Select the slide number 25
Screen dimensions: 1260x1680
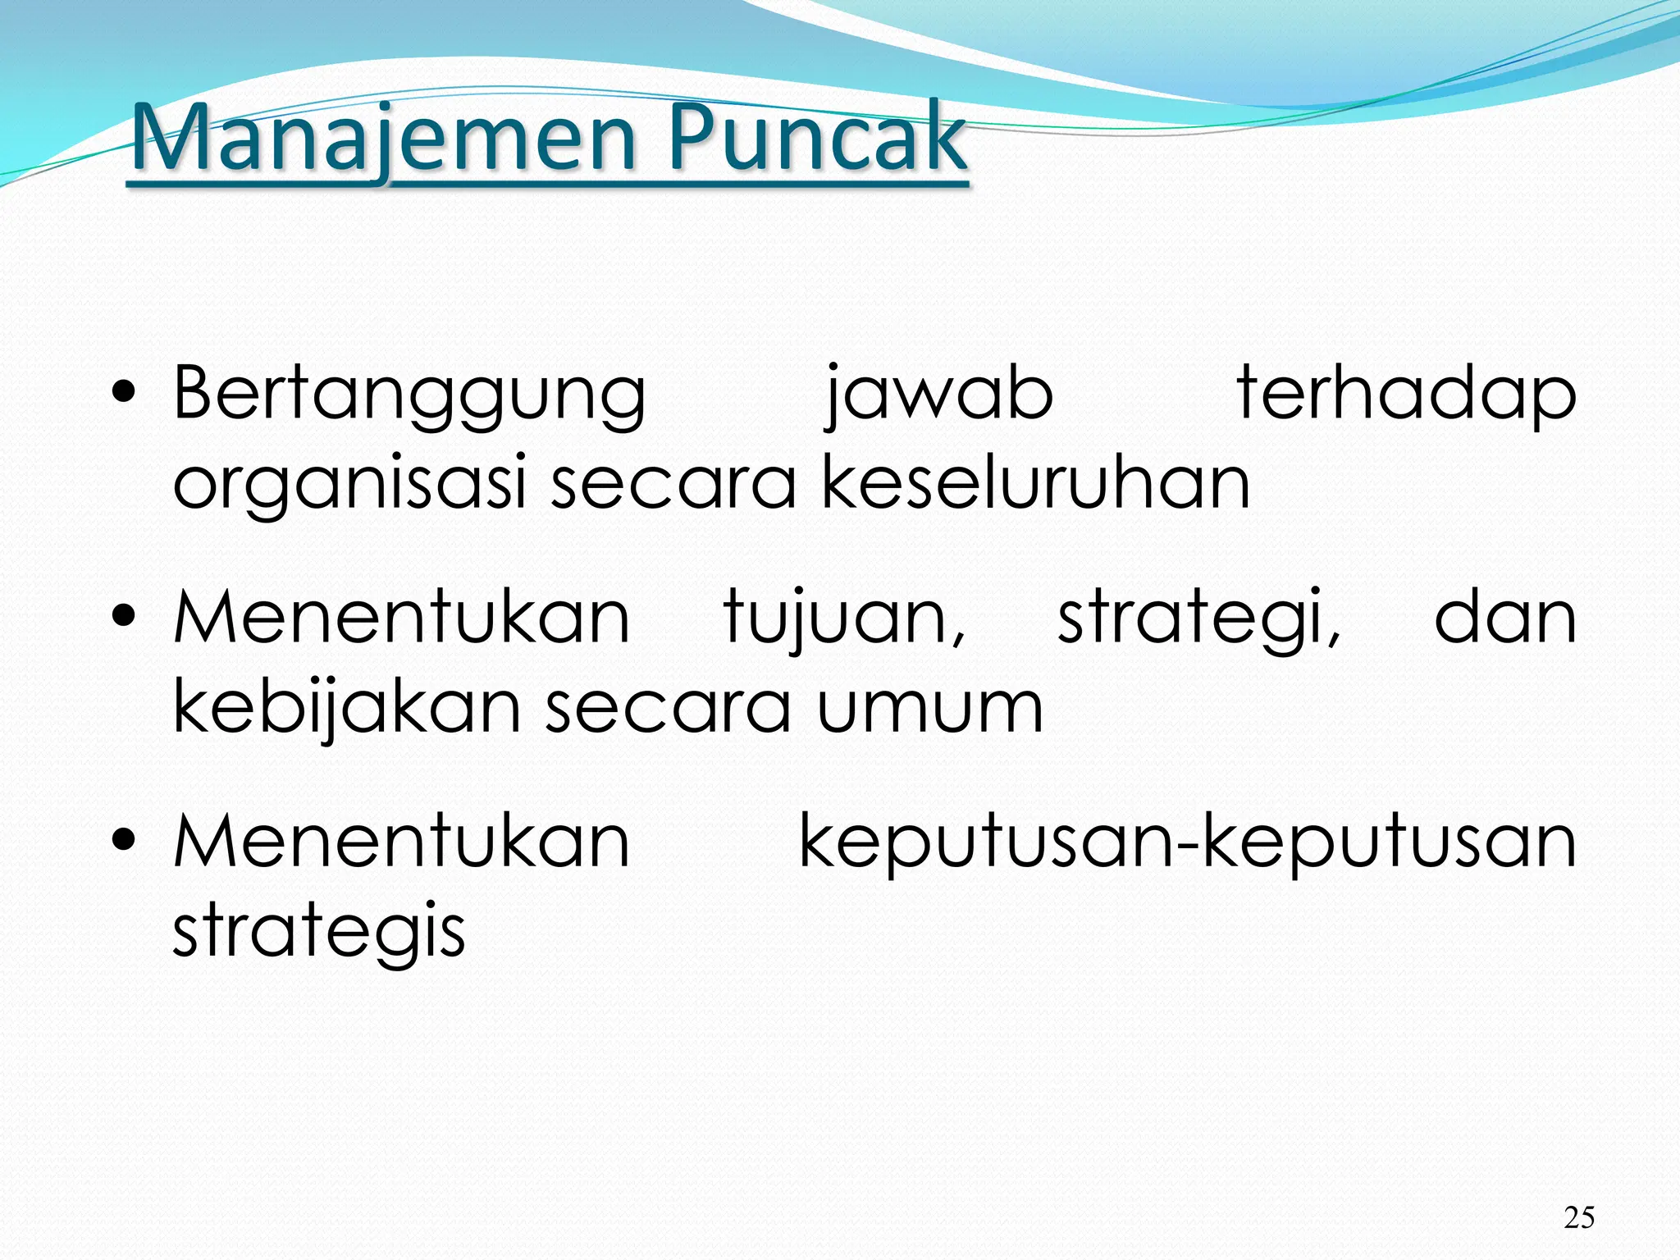click(x=1579, y=1217)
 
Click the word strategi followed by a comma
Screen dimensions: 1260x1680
click(x=1198, y=620)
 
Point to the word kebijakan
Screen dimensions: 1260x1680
click(x=346, y=707)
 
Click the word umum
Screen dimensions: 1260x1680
click(x=929, y=709)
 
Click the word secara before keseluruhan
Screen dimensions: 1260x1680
click(x=673, y=484)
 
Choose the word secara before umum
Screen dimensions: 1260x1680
click(x=668, y=709)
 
